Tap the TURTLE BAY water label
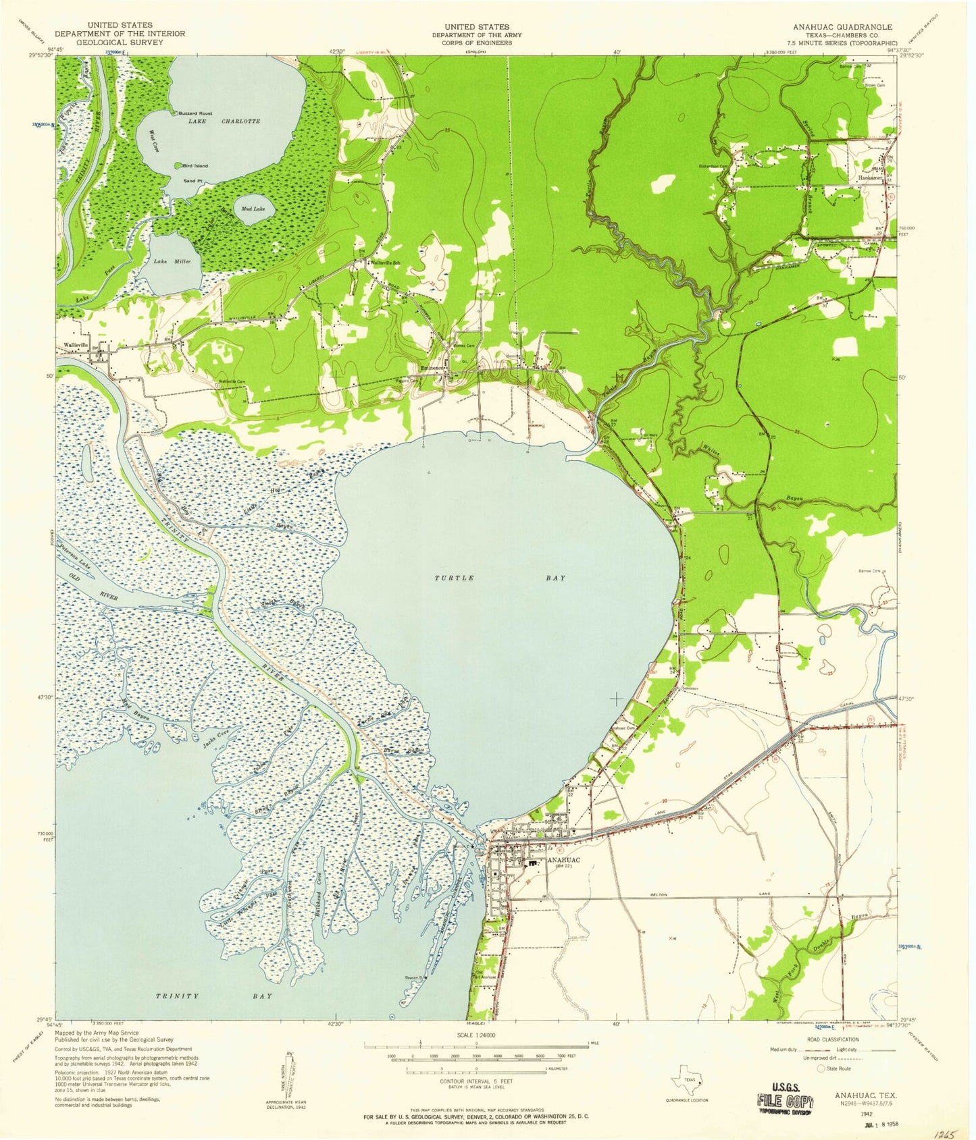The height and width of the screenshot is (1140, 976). pos(498,578)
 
